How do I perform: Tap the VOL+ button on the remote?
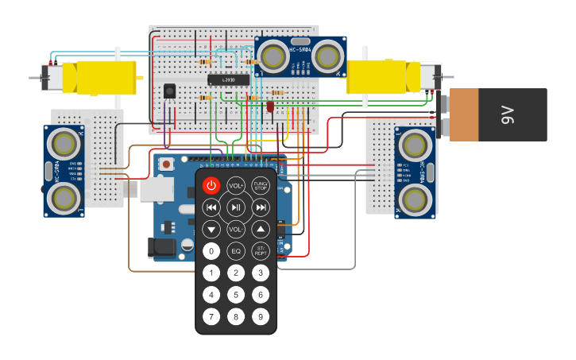(236, 186)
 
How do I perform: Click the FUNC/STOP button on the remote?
(261, 186)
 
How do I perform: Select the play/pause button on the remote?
(236, 207)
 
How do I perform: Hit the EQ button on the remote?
(236, 251)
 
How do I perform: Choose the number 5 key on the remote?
(236, 295)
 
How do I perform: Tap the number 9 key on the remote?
(261, 316)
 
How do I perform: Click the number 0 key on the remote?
(211, 251)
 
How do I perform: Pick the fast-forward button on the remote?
(261, 207)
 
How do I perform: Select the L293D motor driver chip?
(229, 80)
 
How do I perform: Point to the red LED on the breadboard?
(270, 106)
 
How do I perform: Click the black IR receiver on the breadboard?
(169, 91)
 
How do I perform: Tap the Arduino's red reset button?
(166, 164)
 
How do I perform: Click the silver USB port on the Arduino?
(157, 188)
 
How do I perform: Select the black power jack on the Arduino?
(162, 248)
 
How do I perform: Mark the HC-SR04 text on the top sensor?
(300, 51)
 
